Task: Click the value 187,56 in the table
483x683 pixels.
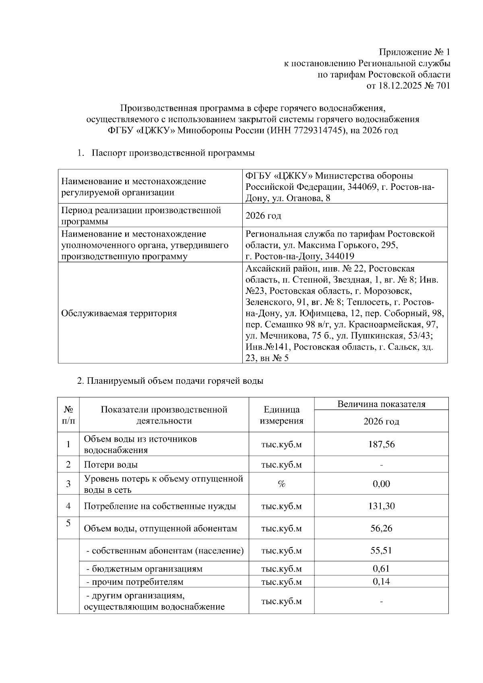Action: pyautogui.click(x=381, y=444)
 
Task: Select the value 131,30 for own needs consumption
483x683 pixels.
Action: pyautogui.click(x=381, y=506)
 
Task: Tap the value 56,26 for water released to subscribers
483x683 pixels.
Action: pyautogui.click(x=381, y=528)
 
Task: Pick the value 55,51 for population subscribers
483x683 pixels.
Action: pyautogui.click(x=381, y=550)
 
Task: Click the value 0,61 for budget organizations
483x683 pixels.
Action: pyautogui.click(x=381, y=568)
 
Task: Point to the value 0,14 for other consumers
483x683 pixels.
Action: pyautogui.click(x=381, y=581)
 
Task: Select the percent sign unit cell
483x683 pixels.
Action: pyautogui.click(x=281, y=484)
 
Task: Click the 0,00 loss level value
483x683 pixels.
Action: pyautogui.click(x=381, y=484)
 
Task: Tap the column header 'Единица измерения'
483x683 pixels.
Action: pyautogui.click(x=281, y=415)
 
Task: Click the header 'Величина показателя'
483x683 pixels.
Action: pyautogui.click(x=381, y=404)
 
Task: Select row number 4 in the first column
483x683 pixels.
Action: pyautogui.click(x=68, y=506)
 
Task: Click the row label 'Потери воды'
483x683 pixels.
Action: pyautogui.click(x=111, y=465)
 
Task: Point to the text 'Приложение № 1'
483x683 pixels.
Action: pyautogui.click(x=415, y=52)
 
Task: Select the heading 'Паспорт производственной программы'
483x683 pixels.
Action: pyautogui.click(x=173, y=153)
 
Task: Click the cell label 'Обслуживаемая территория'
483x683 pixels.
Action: pyautogui.click(x=119, y=313)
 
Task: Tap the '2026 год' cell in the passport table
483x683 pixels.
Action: pyautogui.click(x=263, y=216)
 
